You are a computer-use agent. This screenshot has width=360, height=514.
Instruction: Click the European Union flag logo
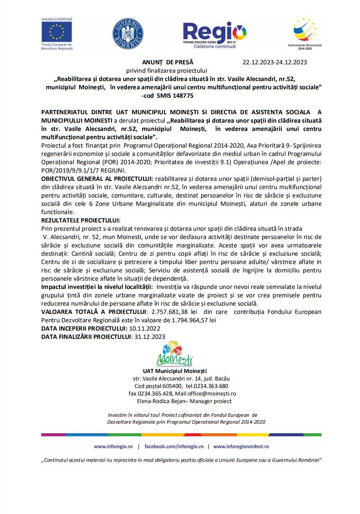[x=57, y=32]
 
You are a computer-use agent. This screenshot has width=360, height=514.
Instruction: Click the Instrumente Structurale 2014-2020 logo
[x=304, y=32]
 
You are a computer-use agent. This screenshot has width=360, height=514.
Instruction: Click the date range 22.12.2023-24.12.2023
[x=275, y=62]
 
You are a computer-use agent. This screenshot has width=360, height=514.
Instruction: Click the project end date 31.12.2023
[x=148, y=336]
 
